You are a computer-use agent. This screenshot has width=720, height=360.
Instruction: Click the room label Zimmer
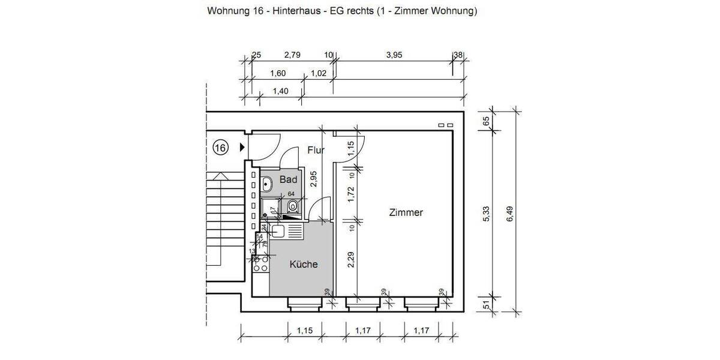coord(406,212)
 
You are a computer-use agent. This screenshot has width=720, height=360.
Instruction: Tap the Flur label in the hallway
coord(316,150)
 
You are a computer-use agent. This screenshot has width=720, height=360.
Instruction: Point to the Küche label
coord(304,264)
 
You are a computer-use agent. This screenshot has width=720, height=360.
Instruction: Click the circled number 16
coord(221,147)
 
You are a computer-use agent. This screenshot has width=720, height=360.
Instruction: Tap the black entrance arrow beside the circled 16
coord(242,147)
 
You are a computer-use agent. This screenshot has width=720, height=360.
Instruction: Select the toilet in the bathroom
coord(293,208)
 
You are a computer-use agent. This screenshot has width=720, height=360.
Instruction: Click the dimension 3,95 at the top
coord(394,55)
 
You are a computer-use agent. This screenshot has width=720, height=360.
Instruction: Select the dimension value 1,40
coord(280,91)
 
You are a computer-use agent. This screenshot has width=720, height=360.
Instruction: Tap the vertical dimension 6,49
coord(511,213)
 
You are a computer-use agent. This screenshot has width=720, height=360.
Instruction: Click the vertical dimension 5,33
coord(487,213)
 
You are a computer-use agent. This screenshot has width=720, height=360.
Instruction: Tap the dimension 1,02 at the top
coord(318,73)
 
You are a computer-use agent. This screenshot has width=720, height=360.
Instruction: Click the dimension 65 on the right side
coord(487,120)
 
